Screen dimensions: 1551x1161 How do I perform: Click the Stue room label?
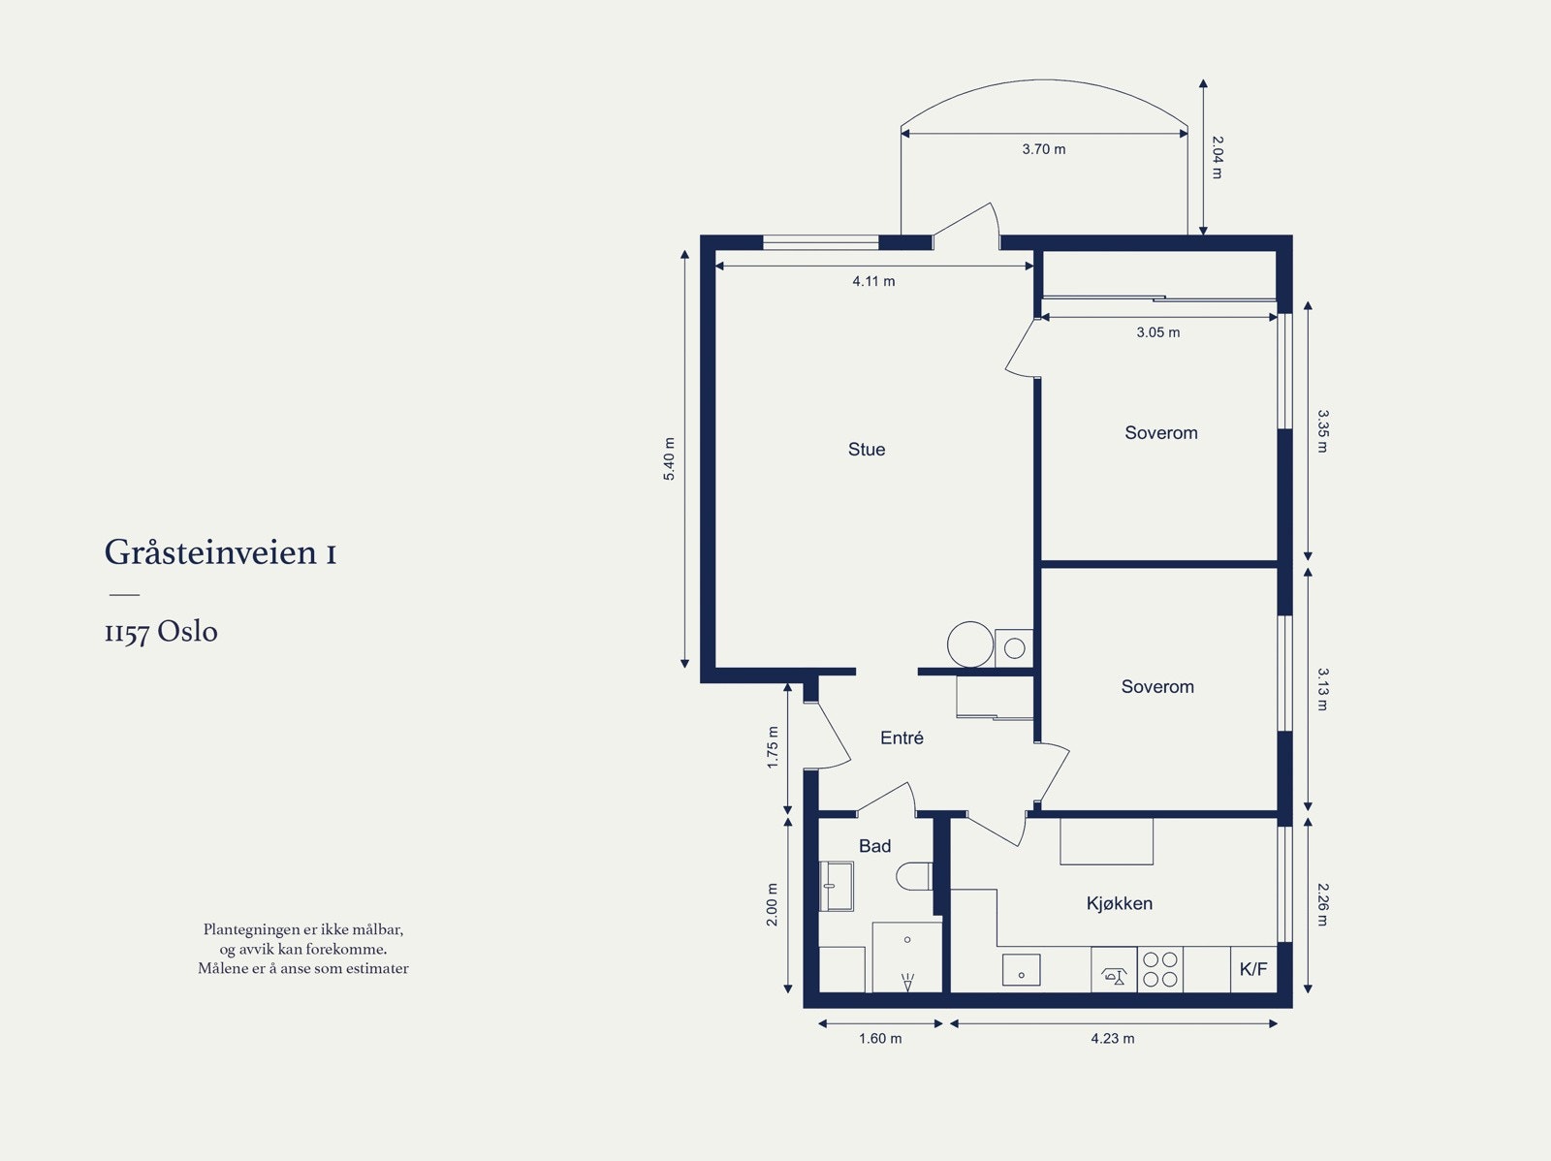tap(867, 449)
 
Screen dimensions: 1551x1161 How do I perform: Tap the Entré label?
tap(902, 738)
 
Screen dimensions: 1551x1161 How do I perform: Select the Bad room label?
tap(874, 846)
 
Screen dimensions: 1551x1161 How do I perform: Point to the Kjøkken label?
tap(1120, 903)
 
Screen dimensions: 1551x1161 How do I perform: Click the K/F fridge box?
tap(1253, 969)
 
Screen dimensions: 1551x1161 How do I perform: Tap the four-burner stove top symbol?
tap(1160, 969)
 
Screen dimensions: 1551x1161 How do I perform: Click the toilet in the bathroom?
tap(914, 876)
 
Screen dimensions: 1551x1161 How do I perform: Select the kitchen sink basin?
tap(1021, 970)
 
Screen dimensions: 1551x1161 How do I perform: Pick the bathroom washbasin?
tap(836, 887)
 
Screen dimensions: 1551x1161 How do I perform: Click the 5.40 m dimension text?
tap(669, 459)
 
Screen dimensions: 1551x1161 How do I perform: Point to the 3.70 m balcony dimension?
tap(1044, 149)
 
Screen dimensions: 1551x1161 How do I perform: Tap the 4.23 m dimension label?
tap(1113, 1038)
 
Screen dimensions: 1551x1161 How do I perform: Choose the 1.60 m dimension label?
tap(880, 1038)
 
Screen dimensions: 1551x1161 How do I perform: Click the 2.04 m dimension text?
tap(1217, 158)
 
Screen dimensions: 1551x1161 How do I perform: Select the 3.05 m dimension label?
tap(1158, 331)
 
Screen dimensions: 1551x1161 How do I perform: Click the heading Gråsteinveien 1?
tap(220, 553)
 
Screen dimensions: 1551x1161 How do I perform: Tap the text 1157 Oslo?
tap(161, 632)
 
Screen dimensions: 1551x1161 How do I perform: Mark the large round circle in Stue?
tap(970, 644)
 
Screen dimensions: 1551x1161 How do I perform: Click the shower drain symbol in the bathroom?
tap(908, 982)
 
